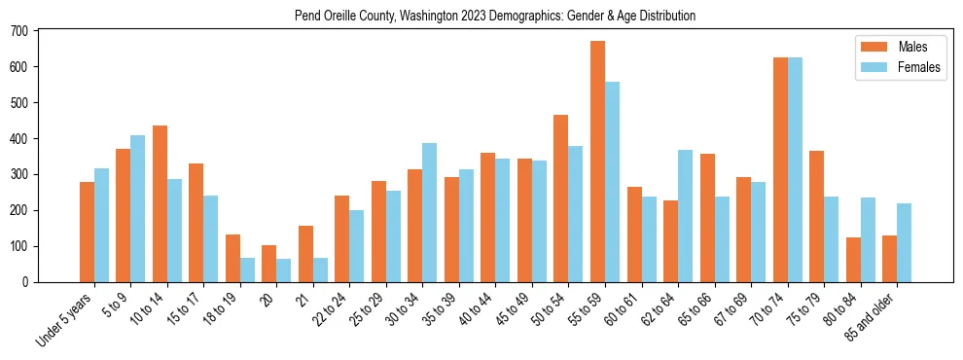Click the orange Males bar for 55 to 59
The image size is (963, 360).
point(597,162)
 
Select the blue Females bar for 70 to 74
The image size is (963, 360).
point(795,170)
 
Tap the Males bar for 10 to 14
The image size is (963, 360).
point(160,203)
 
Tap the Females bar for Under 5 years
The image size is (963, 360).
point(101,225)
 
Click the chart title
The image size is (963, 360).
point(495,17)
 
